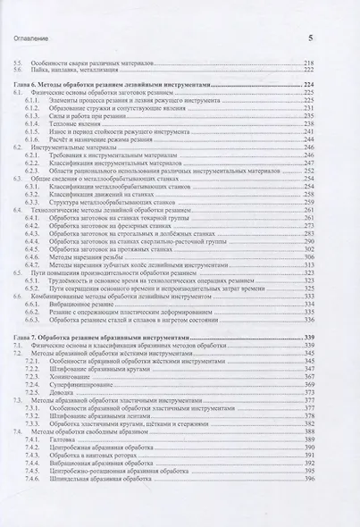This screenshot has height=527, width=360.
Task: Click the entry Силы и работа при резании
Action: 88,116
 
